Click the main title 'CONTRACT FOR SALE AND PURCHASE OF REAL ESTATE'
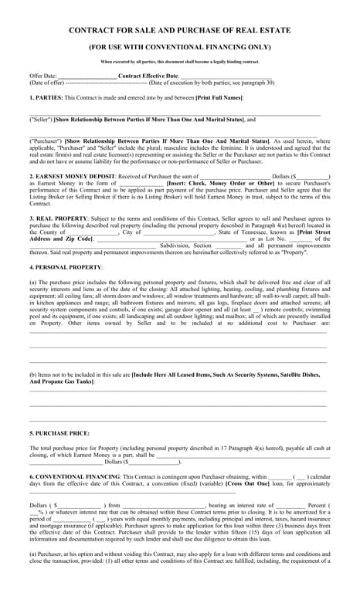click(180, 29)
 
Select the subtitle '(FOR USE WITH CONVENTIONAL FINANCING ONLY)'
click(180, 46)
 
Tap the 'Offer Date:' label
click(43, 76)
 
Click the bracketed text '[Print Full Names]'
click(219, 97)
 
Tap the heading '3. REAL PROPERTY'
click(59, 219)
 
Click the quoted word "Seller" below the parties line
click(40, 120)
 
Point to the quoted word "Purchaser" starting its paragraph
click(46, 142)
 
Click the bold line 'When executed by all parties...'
click(180, 62)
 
